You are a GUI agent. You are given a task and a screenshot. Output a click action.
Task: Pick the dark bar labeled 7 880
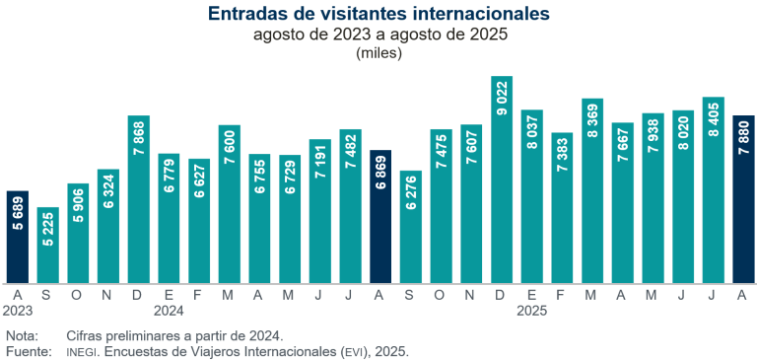point(744,197)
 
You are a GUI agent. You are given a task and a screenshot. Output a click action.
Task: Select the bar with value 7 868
point(138,197)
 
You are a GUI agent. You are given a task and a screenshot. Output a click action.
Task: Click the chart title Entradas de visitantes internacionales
point(378,14)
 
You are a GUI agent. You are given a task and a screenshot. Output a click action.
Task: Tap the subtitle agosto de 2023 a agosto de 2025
point(378,35)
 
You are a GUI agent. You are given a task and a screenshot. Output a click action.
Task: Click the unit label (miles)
point(378,53)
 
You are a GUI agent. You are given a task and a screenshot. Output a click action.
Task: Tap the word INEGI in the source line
point(82,351)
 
